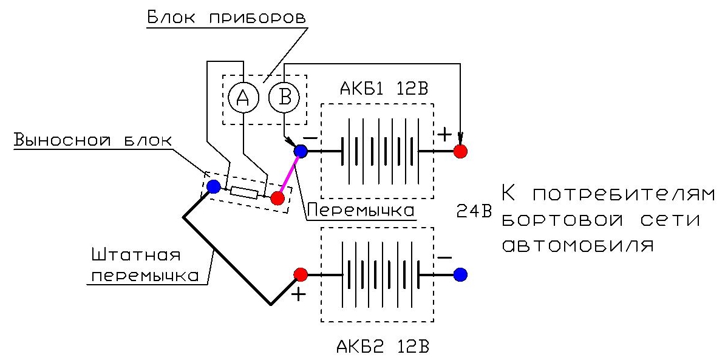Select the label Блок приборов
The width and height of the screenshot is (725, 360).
(x=226, y=16)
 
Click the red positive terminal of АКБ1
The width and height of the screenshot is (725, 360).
(x=460, y=151)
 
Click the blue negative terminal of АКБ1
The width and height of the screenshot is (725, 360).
(x=301, y=151)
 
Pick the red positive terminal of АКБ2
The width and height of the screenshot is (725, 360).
(x=300, y=275)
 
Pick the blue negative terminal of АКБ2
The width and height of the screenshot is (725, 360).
(x=460, y=275)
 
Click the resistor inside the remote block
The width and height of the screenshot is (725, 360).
(x=244, y=193)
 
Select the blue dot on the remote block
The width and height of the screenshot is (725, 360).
(x=213, y=186)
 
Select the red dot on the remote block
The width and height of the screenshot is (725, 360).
(x=277, y=198)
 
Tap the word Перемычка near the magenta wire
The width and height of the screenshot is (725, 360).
(x=361, y=210)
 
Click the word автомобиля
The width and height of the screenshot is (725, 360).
(x=579, y=246)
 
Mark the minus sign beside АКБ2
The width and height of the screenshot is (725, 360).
(x=444, y=257)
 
